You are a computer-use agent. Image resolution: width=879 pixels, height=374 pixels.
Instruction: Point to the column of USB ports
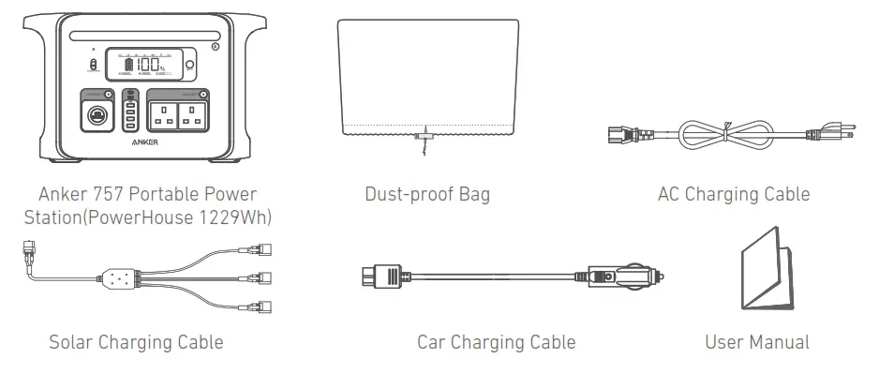(x=130, y=113)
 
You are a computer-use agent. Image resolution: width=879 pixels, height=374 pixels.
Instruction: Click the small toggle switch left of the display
(x=93, y=65)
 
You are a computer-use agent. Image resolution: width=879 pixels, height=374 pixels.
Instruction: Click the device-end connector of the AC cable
(x=619, y=133)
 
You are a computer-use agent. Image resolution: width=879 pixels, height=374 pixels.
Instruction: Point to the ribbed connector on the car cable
(x=380, y=277)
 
